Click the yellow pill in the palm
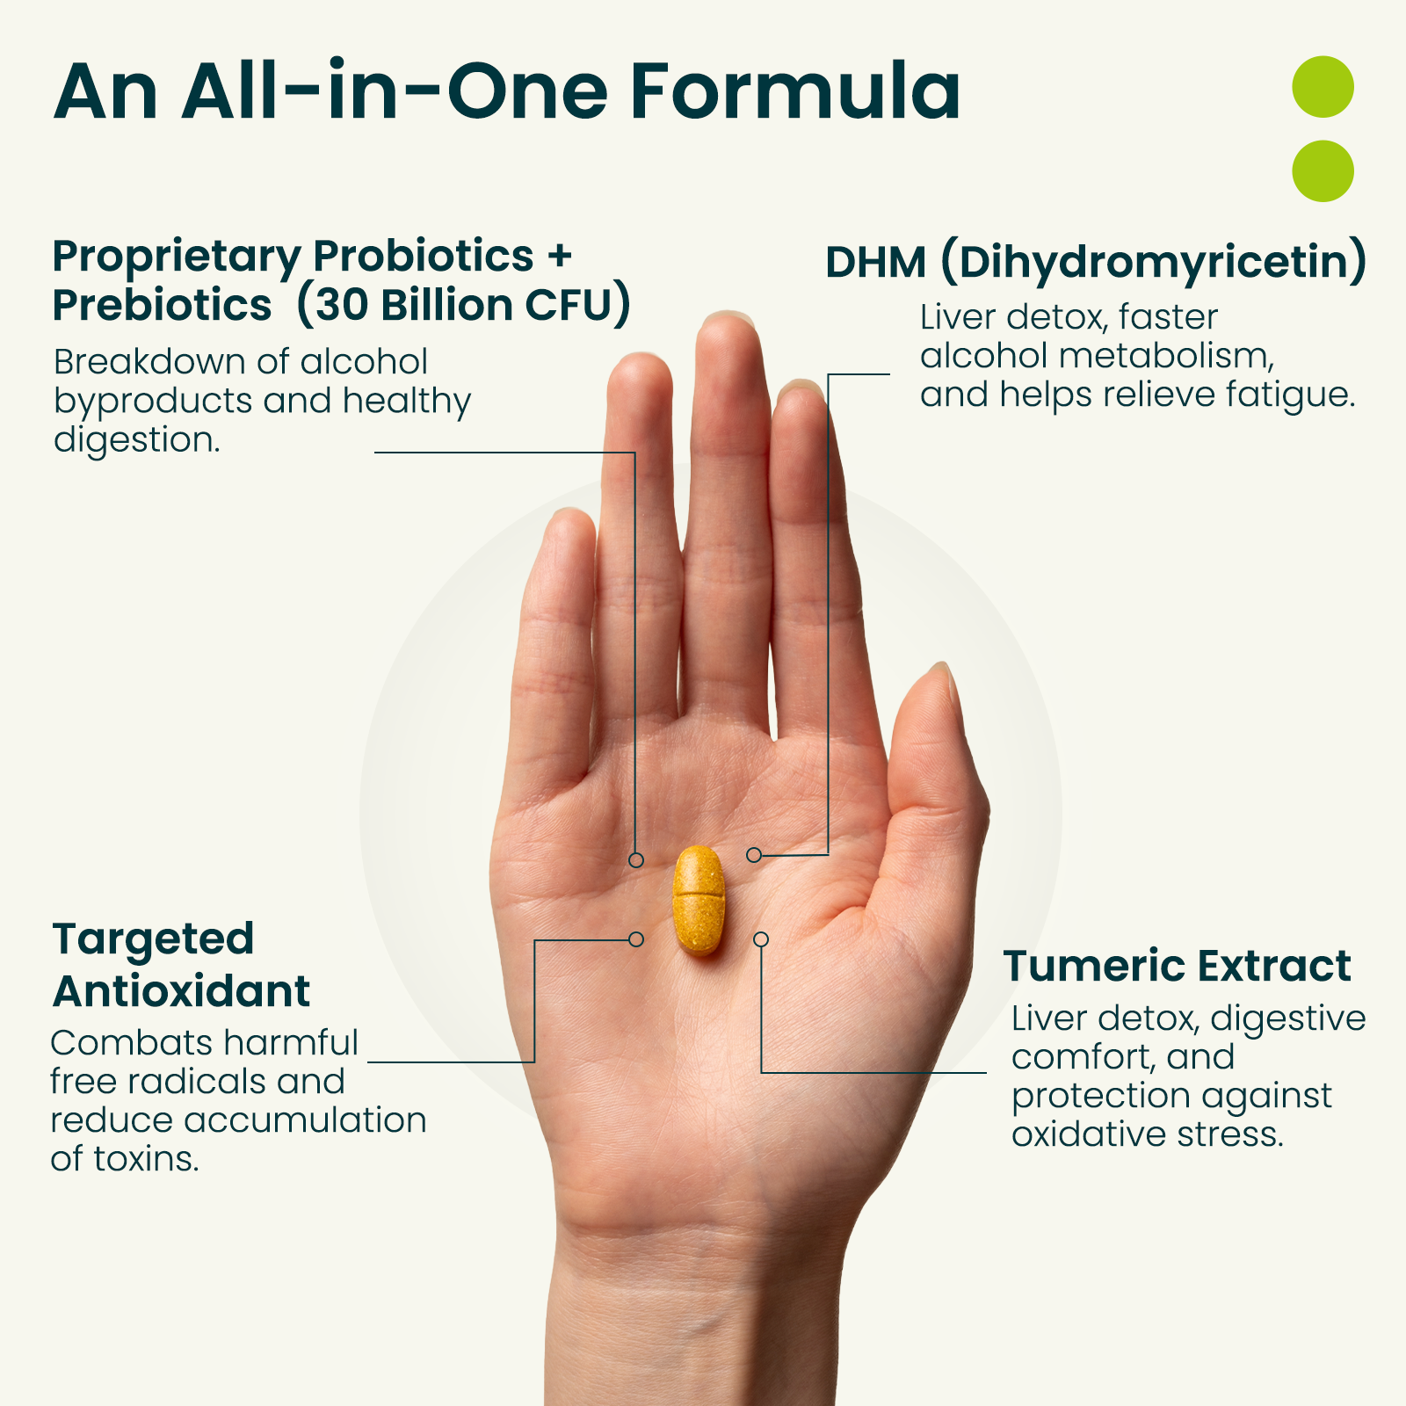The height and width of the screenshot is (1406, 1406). coord(699,900)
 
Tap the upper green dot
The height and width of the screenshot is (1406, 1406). coord(1323,87)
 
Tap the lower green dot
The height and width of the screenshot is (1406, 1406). coord(1323,170)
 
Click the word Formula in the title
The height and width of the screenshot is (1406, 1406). coord(795,91)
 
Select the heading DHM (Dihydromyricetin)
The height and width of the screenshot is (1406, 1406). coord(1096,263)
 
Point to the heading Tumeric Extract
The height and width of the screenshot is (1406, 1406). coord(1177,966)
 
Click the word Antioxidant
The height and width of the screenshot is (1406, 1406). coord(182,991)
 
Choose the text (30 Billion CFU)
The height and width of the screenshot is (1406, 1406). coord(464,305)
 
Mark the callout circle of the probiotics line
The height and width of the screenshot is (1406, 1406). coord(636,859)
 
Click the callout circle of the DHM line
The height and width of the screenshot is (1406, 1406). coord(754,855)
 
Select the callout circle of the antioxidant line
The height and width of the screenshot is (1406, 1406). coord(636,939)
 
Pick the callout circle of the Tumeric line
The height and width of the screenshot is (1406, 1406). coord(761,939)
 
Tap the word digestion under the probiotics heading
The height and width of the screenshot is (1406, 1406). coord(137,440)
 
